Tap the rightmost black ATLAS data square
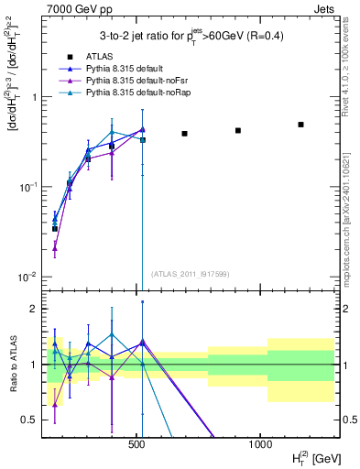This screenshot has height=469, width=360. pos(300,125)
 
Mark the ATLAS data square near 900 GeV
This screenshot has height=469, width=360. pos(238,130)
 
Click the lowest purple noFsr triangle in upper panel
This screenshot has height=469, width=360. pos(55,247)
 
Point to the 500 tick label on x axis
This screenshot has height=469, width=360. pos(136,444)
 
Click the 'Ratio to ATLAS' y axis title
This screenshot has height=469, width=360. pos(13,365)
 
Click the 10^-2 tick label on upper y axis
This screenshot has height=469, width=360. pos(26,278)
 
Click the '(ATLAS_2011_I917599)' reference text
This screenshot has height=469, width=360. pos(189,274)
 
